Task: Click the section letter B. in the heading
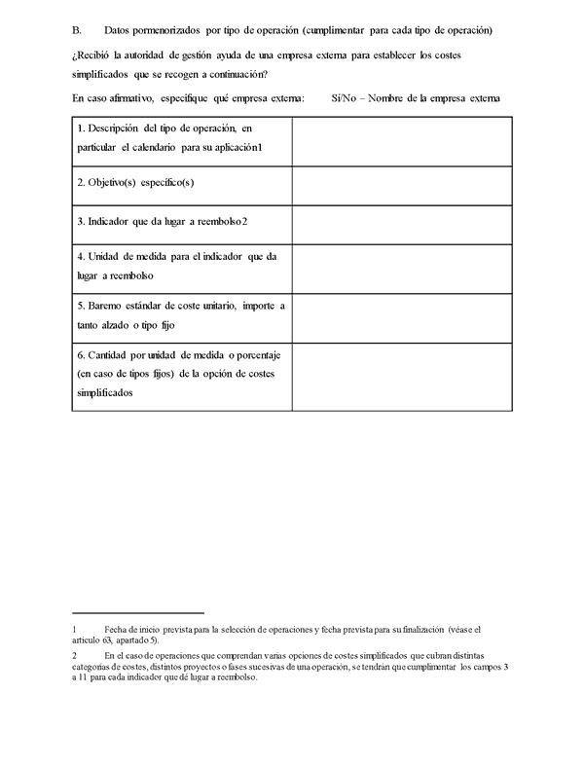click(77, 31)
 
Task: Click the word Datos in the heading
click(119, 31)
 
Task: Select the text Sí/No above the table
click(344, 97)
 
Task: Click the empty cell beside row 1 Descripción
click(400, 141)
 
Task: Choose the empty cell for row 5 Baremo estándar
click(400, 316)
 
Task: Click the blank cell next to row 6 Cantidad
click(400, 375)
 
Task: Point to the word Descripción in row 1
click(115, 128)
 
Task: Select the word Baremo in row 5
click(104, 306)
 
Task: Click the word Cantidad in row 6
click(107, 355)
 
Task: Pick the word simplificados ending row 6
click(104, 392)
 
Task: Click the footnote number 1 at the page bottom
click(74, 630)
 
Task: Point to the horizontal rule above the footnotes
click(137, 613)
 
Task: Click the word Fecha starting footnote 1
click(116, 630)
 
